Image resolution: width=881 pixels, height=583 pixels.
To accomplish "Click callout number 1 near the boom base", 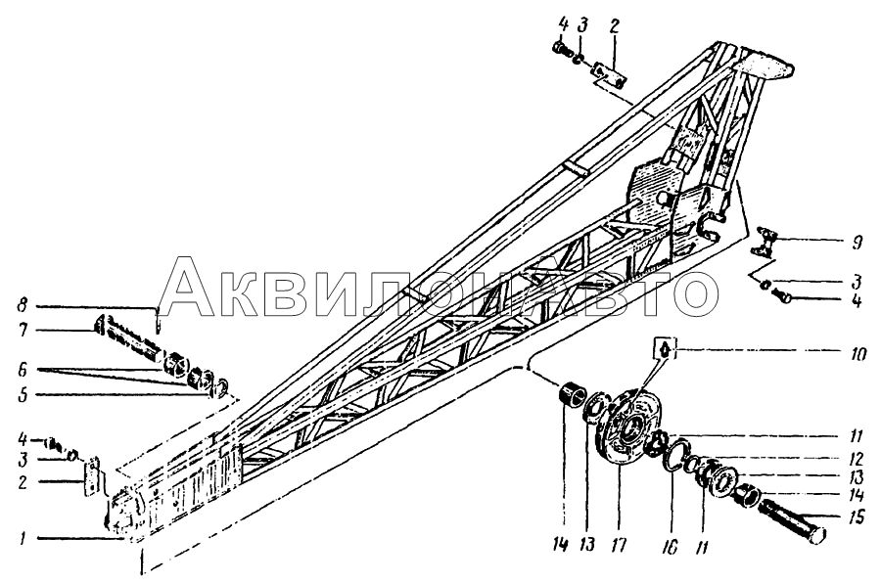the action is coord(22,539).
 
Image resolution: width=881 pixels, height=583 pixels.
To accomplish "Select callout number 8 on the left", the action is coord(22,306).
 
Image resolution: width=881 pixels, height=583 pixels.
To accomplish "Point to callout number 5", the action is coord(23,394).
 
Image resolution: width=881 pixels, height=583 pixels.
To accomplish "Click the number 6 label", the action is coord(23,370).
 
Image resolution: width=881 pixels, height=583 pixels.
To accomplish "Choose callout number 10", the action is coord(858,353).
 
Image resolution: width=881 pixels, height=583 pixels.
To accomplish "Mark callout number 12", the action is coord(856,460).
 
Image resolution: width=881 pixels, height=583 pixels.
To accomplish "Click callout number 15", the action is coord(857,516).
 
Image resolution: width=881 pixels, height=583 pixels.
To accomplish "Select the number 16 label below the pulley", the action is coord(671,546).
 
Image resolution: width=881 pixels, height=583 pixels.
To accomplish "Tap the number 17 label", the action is coord(619,545).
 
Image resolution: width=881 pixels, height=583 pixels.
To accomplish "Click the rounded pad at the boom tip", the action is coord(765,65).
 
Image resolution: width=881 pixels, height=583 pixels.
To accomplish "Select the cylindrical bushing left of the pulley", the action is coord(573,389).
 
